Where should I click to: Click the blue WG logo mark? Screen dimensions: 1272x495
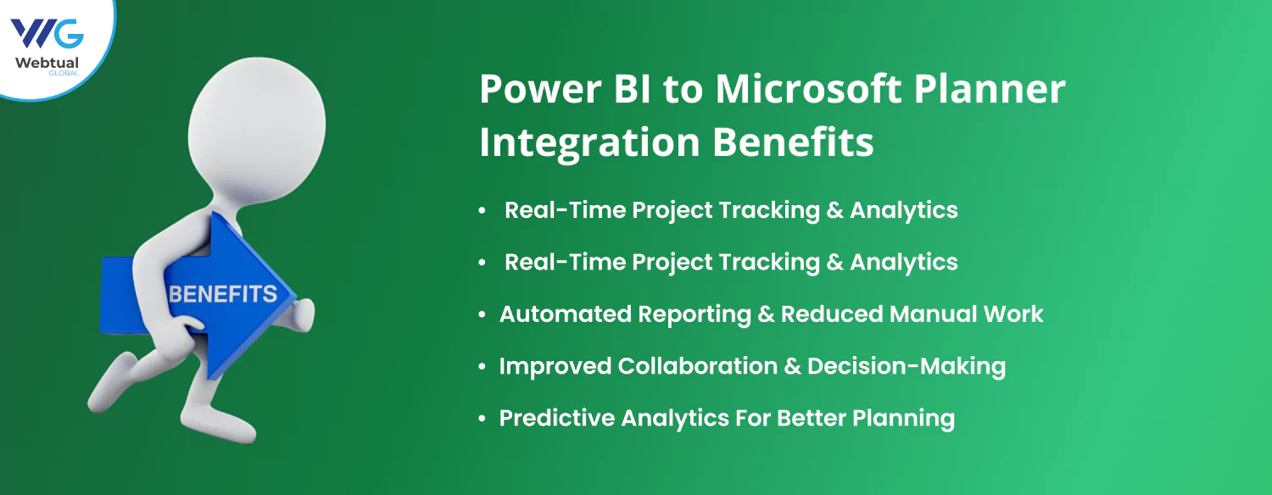[47, 34]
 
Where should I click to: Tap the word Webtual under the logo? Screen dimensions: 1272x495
[47, 63]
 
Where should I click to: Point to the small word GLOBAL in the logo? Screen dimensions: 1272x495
[64, 73]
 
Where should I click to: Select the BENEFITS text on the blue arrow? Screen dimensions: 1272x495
[223, 294]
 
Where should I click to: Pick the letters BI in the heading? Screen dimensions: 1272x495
[633, 89]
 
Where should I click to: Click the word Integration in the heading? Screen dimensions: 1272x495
[589, 142]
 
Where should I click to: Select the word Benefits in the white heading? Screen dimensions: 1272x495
[793, 141]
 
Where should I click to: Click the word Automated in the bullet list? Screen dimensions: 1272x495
[565, 314]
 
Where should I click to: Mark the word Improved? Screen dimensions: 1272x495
[555, 367]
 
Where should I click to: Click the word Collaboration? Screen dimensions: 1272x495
[697, 366]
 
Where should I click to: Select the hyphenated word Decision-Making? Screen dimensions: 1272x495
[907, 367]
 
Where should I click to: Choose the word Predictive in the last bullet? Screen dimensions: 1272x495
[557, 419]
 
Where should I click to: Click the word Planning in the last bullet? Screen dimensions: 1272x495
[903, 419]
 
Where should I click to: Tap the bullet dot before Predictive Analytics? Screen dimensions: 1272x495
[483, 419]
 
